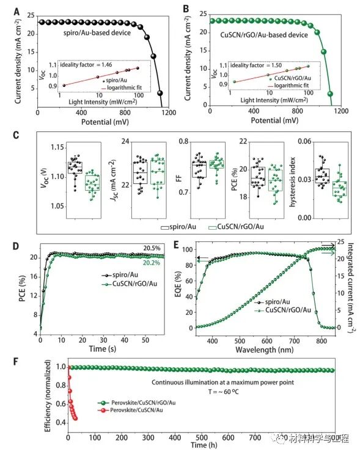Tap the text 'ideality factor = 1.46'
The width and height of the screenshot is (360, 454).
[87, 64]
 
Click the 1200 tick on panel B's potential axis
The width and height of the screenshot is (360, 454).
[340, 112]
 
